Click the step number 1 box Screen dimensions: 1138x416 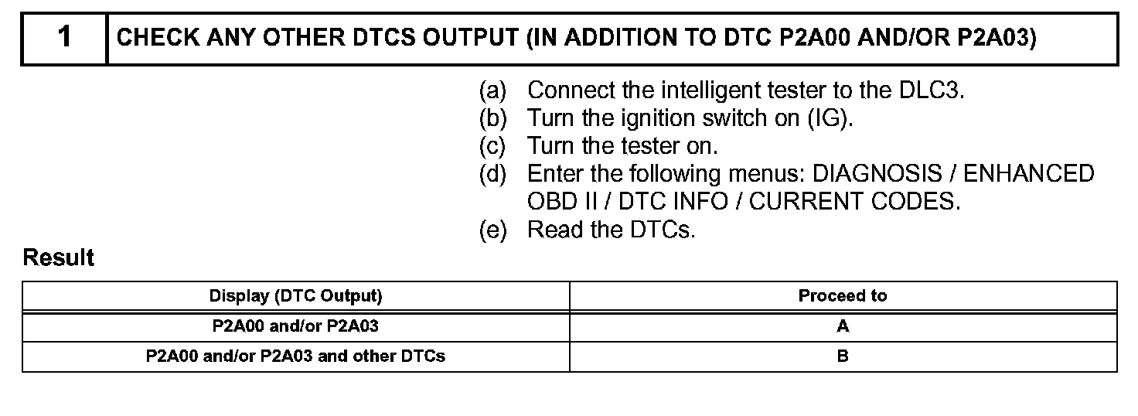[64, 38]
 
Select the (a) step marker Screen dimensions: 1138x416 [492, 90]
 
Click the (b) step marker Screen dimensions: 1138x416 [492, 118]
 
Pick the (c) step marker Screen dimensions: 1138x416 [492, 145]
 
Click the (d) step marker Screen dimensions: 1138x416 [492, 173]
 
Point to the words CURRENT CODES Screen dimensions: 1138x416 [854, 201]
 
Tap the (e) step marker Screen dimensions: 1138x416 [492, 230]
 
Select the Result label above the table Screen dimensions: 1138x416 [59, 257]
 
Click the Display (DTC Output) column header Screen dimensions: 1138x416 [295, 296]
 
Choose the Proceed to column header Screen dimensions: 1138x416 [843, 296]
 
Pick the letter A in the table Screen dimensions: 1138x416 [843, 326]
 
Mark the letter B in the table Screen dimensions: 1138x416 [843, 356]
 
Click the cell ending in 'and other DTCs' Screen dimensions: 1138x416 [295, 356]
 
